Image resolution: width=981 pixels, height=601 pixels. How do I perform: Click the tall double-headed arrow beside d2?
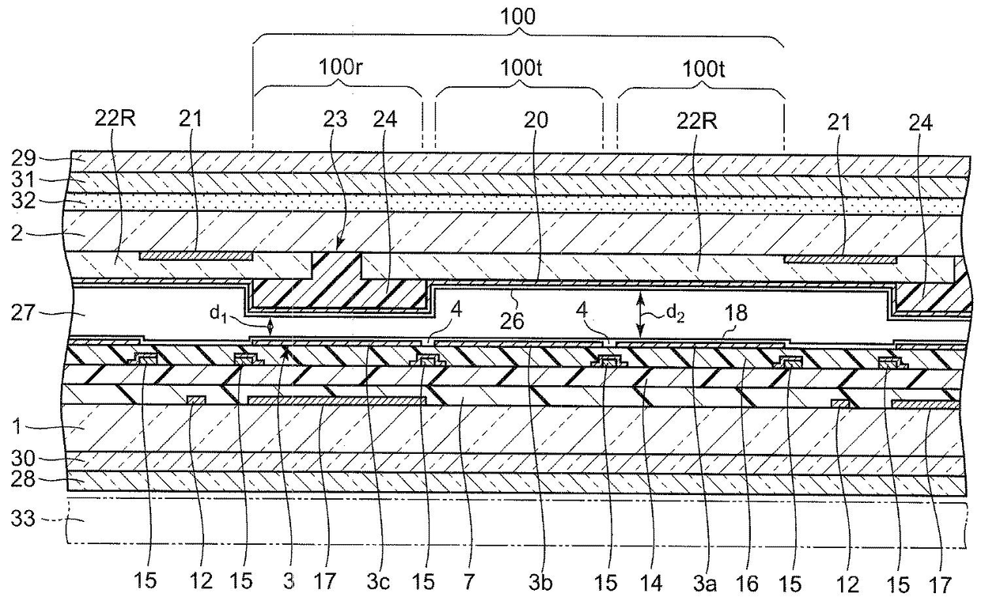640,313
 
